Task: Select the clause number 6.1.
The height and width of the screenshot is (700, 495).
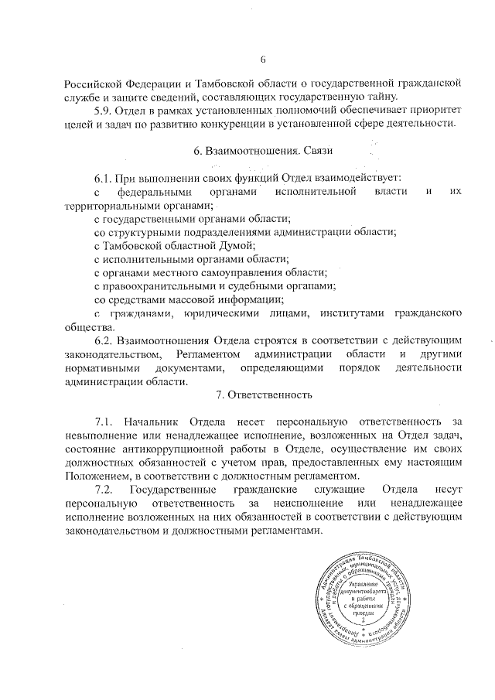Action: pos(105,177)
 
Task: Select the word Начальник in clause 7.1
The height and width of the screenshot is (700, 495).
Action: pos(155,422)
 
